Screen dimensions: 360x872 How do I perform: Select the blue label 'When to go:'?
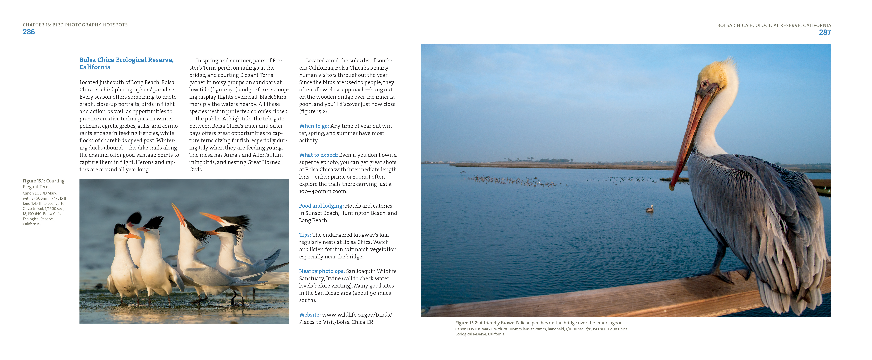[314, 126]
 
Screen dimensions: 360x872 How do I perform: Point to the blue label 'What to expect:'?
[318, 155]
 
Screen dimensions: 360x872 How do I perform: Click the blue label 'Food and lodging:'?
[321, 206]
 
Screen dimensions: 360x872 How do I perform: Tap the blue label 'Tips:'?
[305, 235]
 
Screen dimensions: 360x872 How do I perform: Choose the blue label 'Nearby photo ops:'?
[322, 271]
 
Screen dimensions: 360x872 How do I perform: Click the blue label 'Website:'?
[309, 315]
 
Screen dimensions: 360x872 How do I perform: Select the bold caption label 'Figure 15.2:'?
[467, 323]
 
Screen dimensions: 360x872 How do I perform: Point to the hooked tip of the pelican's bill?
[672, 187]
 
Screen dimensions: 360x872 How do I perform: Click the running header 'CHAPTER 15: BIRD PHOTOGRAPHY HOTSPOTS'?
[75, 25]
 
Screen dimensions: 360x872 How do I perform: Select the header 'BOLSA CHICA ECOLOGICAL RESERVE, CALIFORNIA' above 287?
[774, 25]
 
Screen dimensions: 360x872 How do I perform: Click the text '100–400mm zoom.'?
[323, 191]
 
